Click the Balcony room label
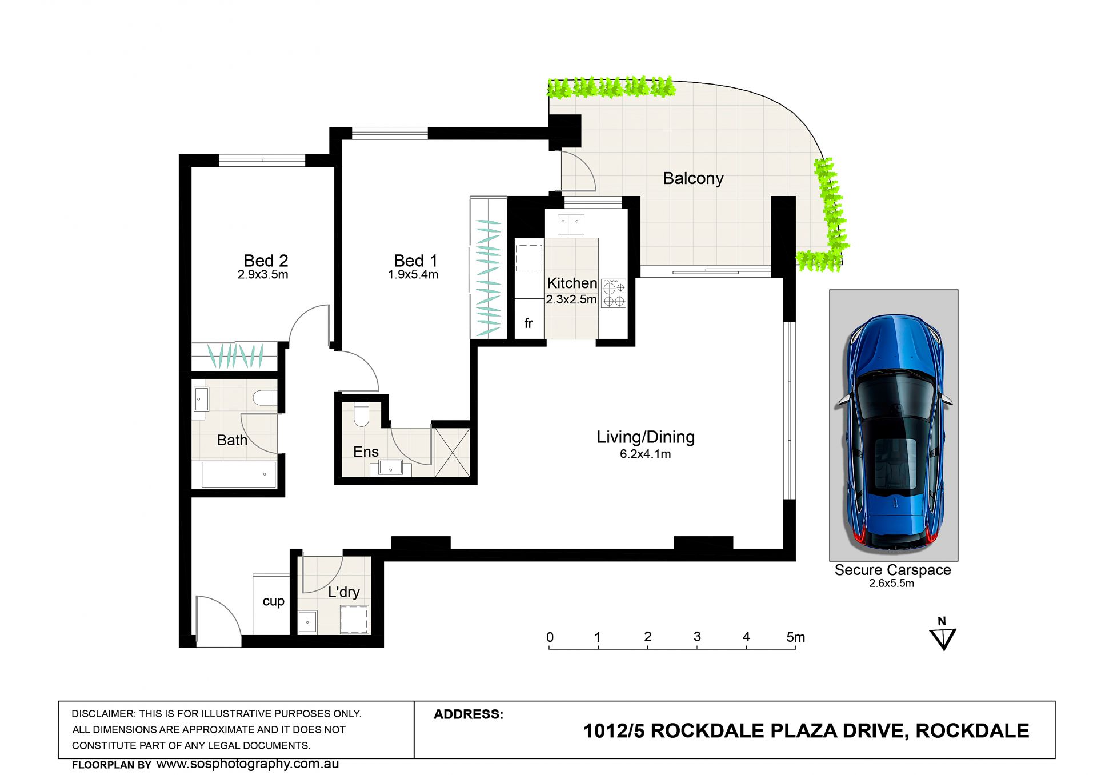click(x=693, y=179)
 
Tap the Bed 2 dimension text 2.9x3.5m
click(x=263, y=274)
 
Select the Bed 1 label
click(x=415, y=261)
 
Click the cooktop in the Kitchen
click(x=614, y=293)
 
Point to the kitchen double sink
click(x=571, y=225)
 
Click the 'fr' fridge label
click(x=529, y=323)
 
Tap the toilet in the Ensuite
click(x=361, y=414)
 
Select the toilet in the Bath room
click(x=265, y=398)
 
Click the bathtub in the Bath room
click(x=239, y=474)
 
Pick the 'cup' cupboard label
click(x=273, y=601)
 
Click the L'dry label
click(x=344, y=592)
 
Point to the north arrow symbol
click(x=943, y=634)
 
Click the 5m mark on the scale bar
click(x=795, y=637)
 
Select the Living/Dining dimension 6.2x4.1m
click(x=646, y=454)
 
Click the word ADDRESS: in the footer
click(x=469, y=714)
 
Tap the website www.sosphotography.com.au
click(x=247, y=764)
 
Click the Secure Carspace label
click(x=892, y=570)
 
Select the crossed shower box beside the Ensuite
click(x=453, y=453)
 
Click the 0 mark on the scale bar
click(x=550, y=637)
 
